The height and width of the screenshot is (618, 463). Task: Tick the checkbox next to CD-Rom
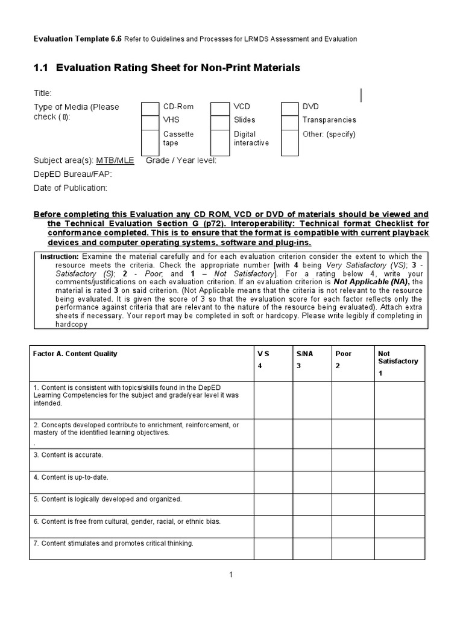point(150,107)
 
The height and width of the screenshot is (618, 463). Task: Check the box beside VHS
point(150,121)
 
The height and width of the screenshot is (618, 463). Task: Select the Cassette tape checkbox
point(150,142)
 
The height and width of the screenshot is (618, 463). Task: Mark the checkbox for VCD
point(220,107)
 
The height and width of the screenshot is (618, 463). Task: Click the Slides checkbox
point(220,121)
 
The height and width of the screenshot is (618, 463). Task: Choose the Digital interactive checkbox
point(220,142)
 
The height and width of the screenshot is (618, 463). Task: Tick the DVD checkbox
point(290,107)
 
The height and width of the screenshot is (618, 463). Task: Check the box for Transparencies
point(290,121)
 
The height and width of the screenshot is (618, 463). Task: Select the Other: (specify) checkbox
point(290,142)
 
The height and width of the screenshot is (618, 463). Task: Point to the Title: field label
point(42,94)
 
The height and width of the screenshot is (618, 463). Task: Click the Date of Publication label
point(70,188)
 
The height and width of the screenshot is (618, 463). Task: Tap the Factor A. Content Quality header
point(75,354)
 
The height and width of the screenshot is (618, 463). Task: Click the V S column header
point(264,354)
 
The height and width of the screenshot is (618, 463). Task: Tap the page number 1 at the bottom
point(231,575)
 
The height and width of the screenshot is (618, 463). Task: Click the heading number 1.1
point(40,68)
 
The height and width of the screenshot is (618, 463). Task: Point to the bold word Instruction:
point(60,256)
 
